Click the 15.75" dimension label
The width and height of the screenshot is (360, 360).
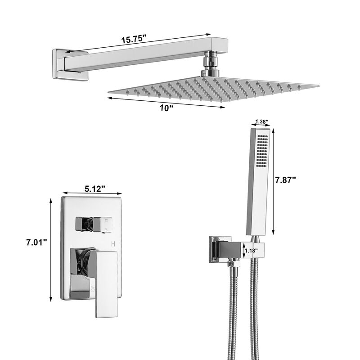click(x=134, y=39)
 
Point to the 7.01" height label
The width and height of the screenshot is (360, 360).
click(x=36, y=243)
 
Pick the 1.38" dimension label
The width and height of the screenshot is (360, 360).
click(x=261, y=121)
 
